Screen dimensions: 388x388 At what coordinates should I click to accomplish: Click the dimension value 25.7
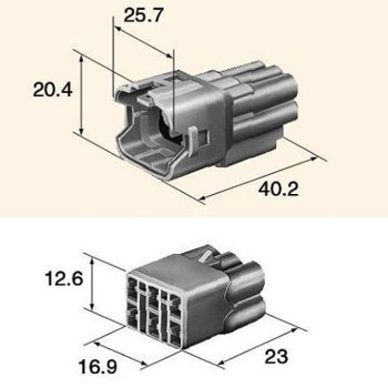tap(144, 16)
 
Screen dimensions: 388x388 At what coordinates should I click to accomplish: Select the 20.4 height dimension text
tap(53, 90)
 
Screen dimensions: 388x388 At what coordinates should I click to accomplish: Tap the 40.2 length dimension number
tap(278, 189)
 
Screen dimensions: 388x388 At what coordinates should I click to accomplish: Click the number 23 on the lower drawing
tap(277, 356)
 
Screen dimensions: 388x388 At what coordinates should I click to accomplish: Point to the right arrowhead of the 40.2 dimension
tap(314, 159)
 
